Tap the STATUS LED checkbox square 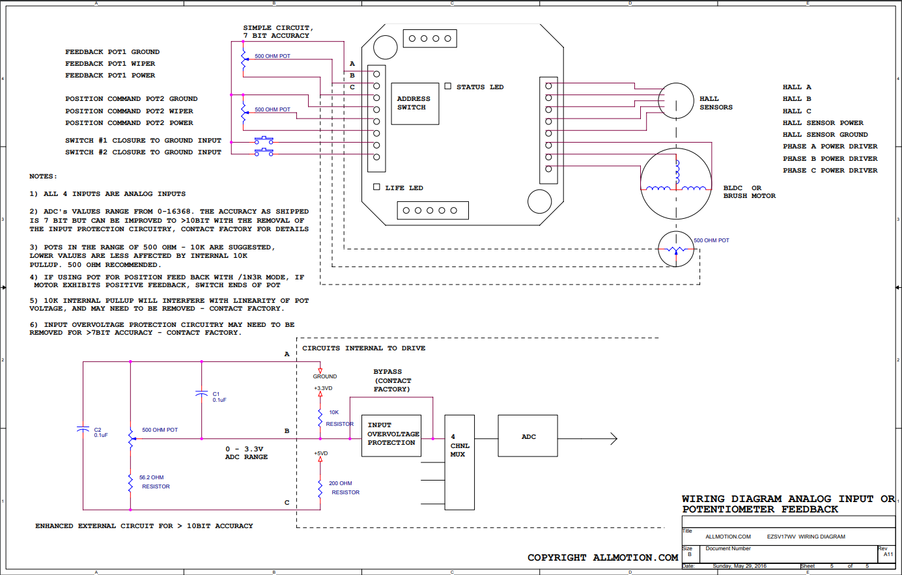(x=448, y=86)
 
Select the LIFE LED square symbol (x=376, y=187)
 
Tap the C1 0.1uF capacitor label (x=219, y=397)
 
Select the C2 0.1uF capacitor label (x=101, y=432)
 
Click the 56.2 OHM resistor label (x=154, y=482)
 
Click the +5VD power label (x=321, y=453)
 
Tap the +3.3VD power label (x=323, y=388)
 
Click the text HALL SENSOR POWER (x=823, y=123)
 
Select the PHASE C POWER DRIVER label (x=830, y=171)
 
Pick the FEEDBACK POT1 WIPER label (x=110, y=64)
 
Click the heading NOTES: (x=43, y=176)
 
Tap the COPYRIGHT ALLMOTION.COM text (x=603, y=557)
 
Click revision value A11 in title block (x=888, y=554)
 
